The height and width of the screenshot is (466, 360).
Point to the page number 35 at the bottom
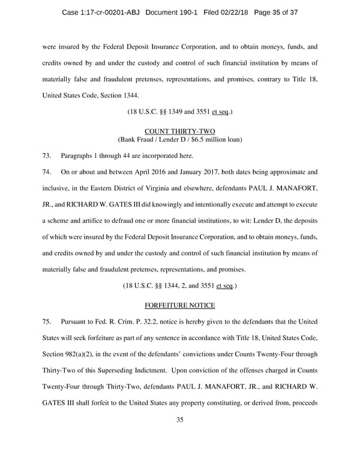(x=179, y=436)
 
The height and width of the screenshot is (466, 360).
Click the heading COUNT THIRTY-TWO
(x=179, y=131)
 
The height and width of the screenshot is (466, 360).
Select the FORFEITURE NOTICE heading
(x=179, y=305)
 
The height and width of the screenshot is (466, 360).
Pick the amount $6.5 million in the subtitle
(x=208, y=140)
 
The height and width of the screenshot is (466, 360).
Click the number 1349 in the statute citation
(x=168, y=112)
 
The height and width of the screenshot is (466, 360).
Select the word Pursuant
(x=75, y=322)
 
